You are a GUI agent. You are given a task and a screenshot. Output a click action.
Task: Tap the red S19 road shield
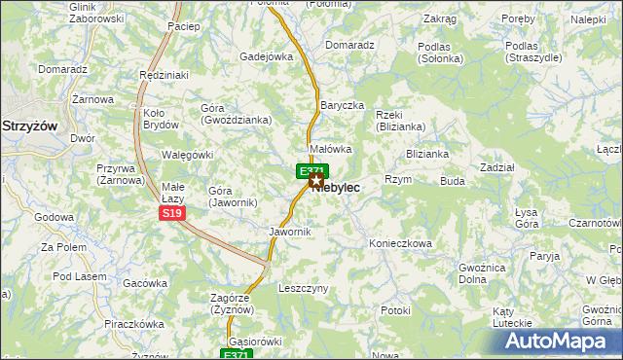point(171,213)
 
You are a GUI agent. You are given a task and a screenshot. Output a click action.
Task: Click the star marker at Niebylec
point(315,180)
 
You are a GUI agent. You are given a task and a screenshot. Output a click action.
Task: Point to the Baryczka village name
point(342,105)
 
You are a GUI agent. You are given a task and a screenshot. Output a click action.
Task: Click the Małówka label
point(330,149)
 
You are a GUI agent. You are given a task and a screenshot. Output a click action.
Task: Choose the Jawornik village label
point(289,232)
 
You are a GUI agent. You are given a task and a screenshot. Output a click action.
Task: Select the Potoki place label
point(396,310)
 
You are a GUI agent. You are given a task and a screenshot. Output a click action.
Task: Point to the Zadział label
point(497,167)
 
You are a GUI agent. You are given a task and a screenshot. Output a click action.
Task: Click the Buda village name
point(452,181)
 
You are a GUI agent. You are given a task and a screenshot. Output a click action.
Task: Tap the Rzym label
point(398,179)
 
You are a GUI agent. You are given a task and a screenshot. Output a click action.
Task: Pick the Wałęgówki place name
point(186,155)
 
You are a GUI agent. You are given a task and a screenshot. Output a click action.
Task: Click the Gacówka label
point(146,283)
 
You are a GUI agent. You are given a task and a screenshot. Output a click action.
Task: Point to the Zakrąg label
point(440,18)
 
